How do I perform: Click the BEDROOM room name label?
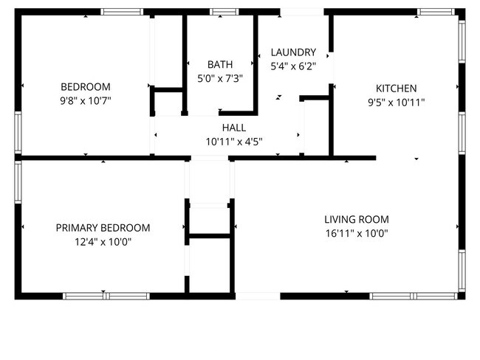[85, 86]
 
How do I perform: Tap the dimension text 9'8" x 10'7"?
[85, 100]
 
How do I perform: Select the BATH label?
[219, 64]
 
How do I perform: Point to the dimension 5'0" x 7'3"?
[219, 77]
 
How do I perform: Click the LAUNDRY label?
[293, 52]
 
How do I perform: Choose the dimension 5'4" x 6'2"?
[293, 66]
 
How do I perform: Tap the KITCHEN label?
[397, 88]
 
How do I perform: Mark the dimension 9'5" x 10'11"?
[397, 102]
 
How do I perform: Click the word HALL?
[234, 128]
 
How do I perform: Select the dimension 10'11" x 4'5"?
[234, 141]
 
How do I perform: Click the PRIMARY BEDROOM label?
[103, 228]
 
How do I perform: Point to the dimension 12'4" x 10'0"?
[103, 241]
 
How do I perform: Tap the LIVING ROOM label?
[356, 219]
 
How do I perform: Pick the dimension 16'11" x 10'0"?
[356, 233]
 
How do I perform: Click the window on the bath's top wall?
[221, 12]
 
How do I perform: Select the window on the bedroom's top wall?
[122, 12]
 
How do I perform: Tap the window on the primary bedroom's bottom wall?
[106, 296]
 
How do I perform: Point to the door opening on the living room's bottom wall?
[257, 296]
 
